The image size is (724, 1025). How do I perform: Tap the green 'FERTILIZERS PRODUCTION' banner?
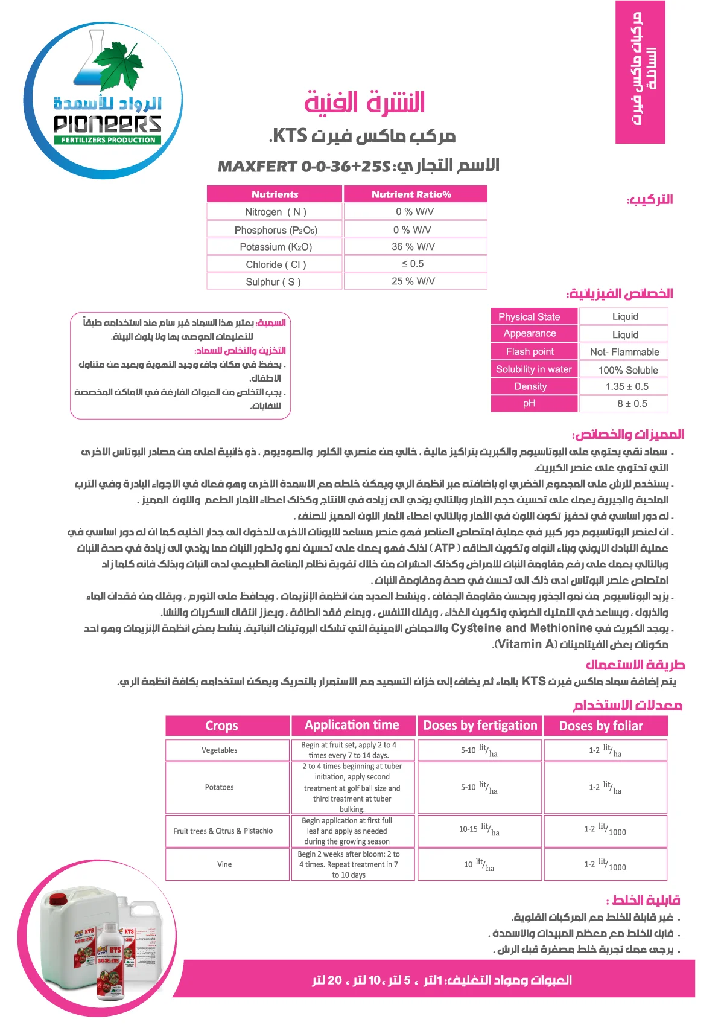click(109, 140)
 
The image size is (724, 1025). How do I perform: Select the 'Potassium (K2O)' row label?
click(276, 247)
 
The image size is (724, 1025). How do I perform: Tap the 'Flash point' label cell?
click(530, 352)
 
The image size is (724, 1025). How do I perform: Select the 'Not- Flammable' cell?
click(624, 352)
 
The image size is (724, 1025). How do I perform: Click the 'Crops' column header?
click(221, 726)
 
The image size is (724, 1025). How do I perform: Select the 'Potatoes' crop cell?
click(220, 787)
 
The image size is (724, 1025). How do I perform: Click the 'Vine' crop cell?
click(224, 864)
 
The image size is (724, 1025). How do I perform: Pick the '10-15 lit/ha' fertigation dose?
click(479, 830)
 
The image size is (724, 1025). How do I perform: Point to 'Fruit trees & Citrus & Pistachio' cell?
click(223, 831)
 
